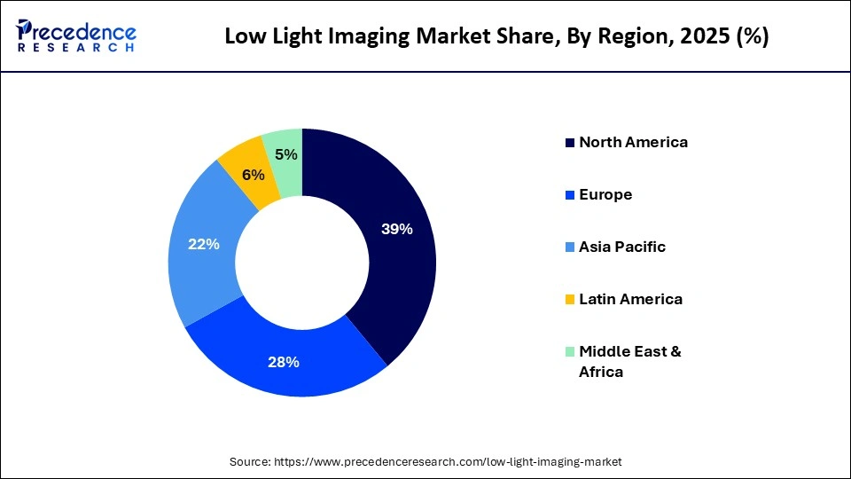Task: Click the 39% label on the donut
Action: click(396, 229)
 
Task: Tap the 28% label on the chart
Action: click(284, 362)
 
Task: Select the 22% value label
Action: click(203, 244)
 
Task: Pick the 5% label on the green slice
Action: click(285, 154)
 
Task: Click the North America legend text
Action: click(633, 142)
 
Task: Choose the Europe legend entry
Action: click(605, 194)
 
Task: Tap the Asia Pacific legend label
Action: click(621, 247)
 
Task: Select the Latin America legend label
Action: click(630, 299)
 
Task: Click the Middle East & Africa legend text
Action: click(629, 361)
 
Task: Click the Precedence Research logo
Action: click(76, 36)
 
